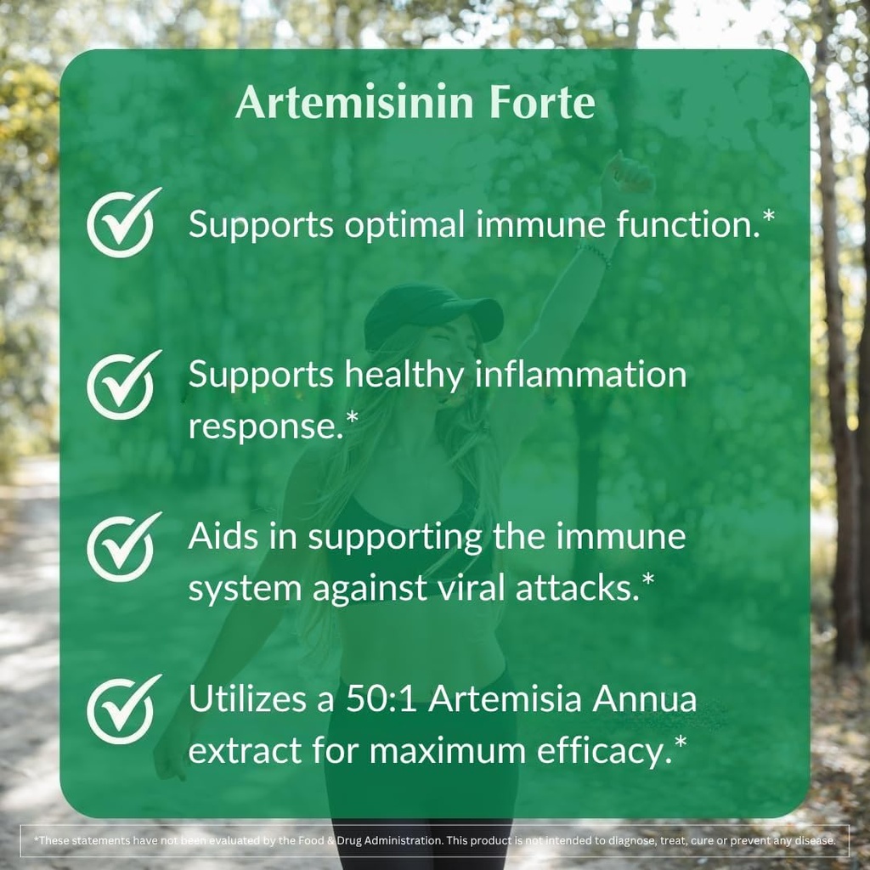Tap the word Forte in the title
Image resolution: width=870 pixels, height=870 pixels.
(541, 103)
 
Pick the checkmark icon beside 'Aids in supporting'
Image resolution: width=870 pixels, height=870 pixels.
(122, 547)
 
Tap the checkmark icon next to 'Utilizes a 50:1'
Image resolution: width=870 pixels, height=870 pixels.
(122, 709)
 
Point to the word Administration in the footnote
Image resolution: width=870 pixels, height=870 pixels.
(403, 840)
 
